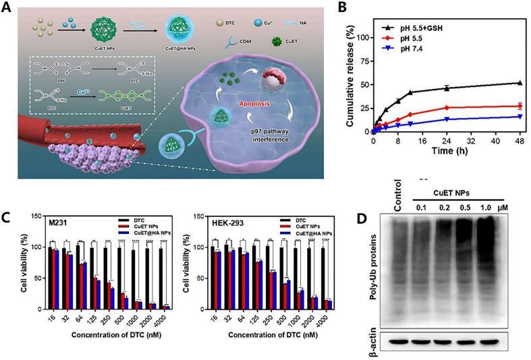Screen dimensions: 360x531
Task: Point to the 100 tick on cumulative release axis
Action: [362, 38]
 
